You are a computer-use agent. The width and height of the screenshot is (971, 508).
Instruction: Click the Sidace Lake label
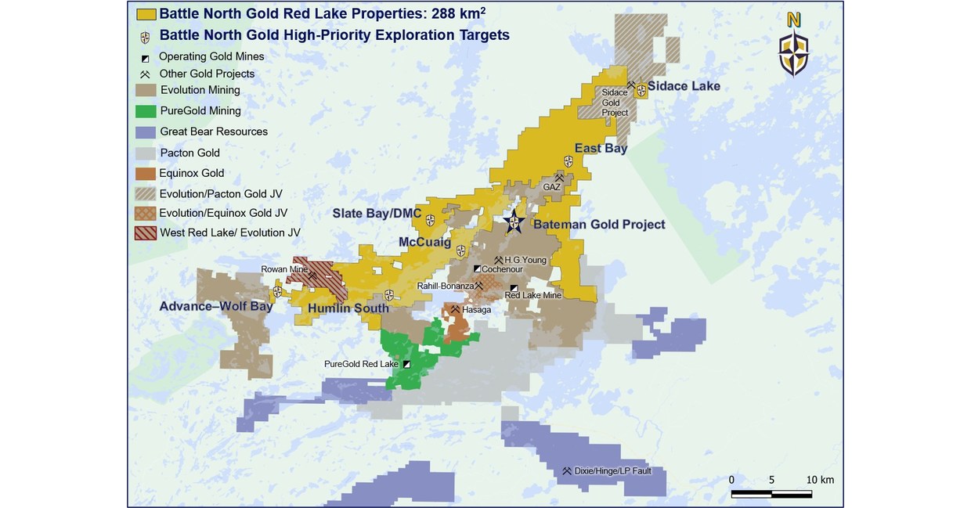coord(684,85)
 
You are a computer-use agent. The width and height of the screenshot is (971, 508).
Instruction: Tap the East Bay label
coord(601,148)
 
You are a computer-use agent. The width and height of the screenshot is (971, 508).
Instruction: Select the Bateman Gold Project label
coord(599,225)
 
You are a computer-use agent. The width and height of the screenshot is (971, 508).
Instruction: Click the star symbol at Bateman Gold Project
coord(513,222)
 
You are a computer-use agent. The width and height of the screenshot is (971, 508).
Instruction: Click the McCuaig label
coord(424,243)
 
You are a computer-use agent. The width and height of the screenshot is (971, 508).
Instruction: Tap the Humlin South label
coord(348,308)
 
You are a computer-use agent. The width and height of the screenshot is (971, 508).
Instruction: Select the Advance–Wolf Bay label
coord(216,306)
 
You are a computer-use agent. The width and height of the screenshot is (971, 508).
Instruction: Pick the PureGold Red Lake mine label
coord(361,364)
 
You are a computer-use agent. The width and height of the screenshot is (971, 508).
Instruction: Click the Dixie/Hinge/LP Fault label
coord(612,471)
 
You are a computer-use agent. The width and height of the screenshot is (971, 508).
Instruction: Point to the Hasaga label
coord(477,310)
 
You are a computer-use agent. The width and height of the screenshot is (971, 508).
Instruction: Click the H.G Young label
coord(525,260)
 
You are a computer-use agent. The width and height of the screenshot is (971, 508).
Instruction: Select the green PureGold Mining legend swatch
coord(146,111)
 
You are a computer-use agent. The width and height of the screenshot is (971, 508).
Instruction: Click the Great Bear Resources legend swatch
coord(146,132)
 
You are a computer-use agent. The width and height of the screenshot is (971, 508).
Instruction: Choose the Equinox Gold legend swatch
coord(146,174)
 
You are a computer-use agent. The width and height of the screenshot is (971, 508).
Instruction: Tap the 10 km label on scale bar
coord(821,479)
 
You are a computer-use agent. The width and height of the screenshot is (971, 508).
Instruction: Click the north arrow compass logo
coord(793,46)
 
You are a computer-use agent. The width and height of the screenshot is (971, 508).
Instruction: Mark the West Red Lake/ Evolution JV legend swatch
coord(146,232)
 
